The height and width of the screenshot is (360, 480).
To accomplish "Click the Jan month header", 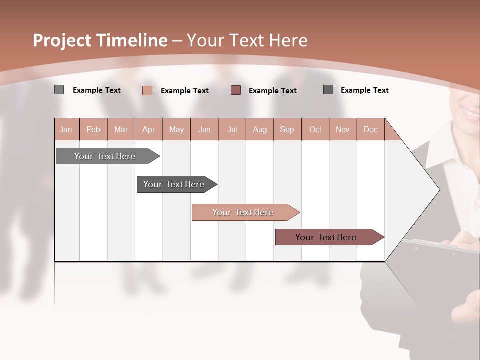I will [x=66, y=129].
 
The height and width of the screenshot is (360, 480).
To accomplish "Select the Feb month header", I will [x=93, y=129].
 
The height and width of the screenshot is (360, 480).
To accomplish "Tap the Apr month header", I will [x=149, y=129].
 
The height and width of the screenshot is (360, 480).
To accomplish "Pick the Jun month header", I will [x=204, y=129].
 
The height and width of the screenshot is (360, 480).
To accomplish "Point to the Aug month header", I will [x=260, y=129].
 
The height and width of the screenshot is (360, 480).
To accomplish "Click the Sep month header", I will [x=287, y=129].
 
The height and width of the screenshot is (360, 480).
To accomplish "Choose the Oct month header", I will [x=315, y=129].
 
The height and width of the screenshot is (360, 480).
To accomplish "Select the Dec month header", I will [x=371, y=129].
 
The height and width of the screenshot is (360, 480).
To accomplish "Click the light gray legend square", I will [x=59, y=90].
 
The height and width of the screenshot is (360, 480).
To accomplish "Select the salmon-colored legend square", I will [x=147, y=90].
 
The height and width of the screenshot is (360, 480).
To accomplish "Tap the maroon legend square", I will [x=236, y=90].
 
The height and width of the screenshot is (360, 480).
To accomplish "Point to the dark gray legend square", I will [x=328, y=90].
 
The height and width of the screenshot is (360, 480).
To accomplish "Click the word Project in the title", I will [x=62, y=40].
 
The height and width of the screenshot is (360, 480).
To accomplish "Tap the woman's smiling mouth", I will [x=471, y=112].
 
